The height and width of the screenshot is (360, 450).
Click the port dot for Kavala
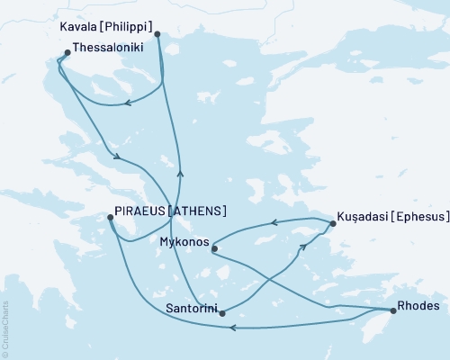coord(157,35)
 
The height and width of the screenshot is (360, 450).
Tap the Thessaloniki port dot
coord(67,53)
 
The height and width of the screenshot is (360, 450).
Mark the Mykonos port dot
coord(214,248)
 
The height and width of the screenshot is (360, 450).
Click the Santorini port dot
coord(221,313)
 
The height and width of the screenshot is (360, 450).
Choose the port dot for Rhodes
coord(393,311)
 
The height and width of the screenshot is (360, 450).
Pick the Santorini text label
coord(190,308)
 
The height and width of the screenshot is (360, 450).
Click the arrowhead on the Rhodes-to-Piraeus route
coord(233,328)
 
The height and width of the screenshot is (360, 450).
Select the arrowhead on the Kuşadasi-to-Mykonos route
coord(274,221)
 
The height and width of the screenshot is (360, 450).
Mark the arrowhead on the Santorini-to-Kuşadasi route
coord(303,246)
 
